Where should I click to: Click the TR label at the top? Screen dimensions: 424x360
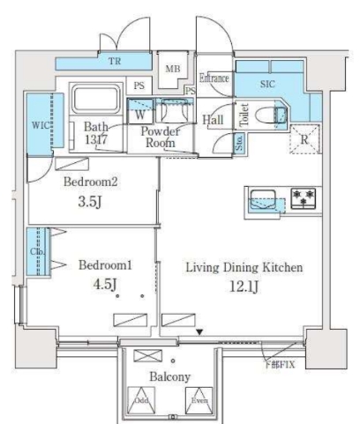115,63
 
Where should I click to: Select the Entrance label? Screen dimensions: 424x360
214,78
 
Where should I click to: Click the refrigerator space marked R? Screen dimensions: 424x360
304,138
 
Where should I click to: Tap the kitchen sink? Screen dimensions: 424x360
262,198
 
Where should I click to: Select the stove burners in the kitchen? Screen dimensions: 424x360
303,197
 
